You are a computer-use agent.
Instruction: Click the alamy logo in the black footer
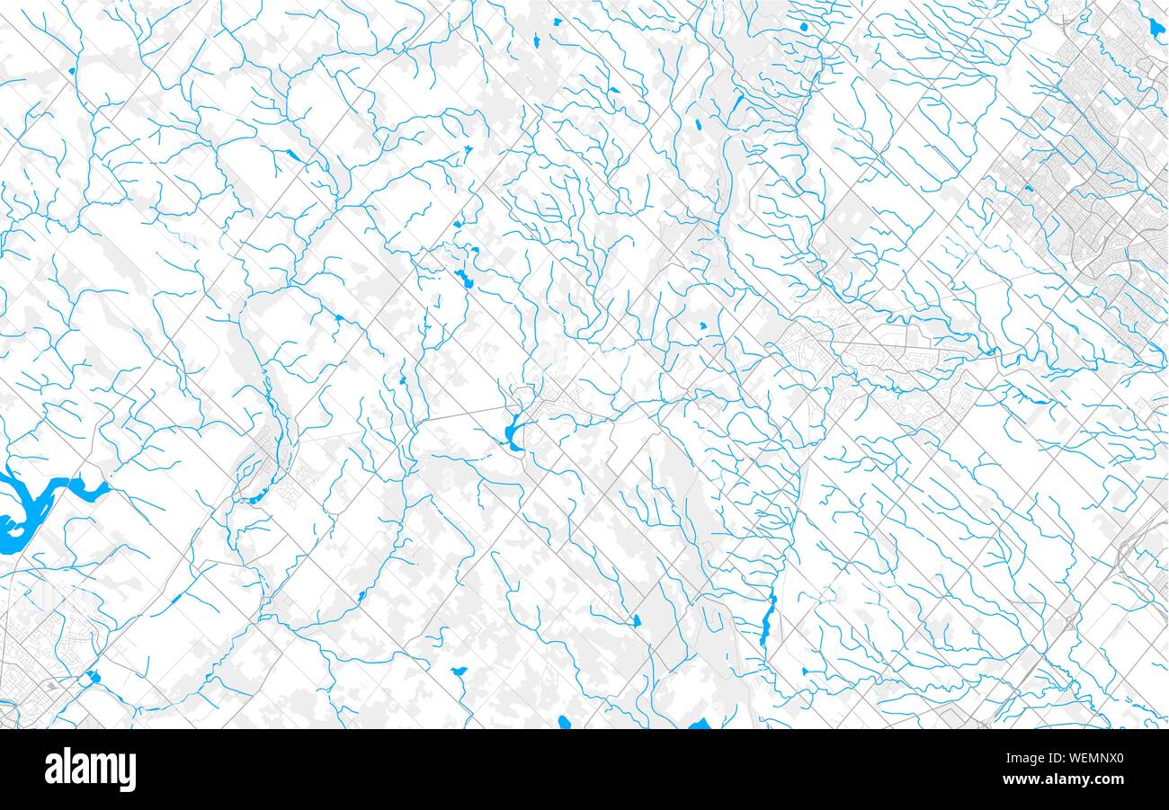[90, 770]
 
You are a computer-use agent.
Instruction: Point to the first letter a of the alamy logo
[51, 770]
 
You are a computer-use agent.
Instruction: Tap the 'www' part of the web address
[1034, 779]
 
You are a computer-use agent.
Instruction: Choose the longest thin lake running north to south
[767, 620]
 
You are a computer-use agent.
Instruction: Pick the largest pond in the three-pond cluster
[464, 279]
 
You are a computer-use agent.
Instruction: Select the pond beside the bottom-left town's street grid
[94, 677]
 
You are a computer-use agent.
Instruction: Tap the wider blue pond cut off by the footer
[699, 725]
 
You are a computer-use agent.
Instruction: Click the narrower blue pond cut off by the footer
[564, 722]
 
